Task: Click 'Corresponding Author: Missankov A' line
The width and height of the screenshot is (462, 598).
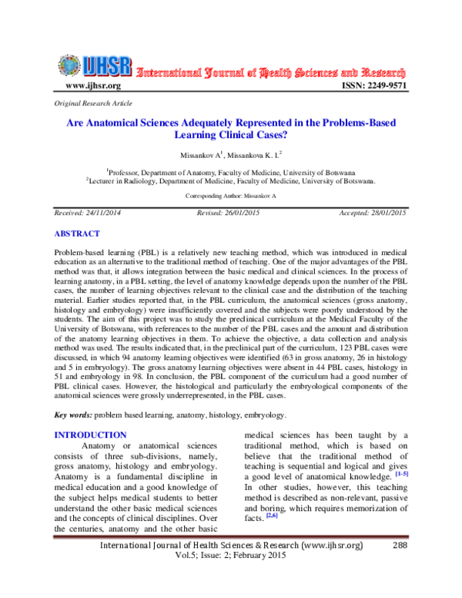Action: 231,197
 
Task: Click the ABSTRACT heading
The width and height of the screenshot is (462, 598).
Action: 77,233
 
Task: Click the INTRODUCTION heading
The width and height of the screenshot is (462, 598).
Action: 90,435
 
